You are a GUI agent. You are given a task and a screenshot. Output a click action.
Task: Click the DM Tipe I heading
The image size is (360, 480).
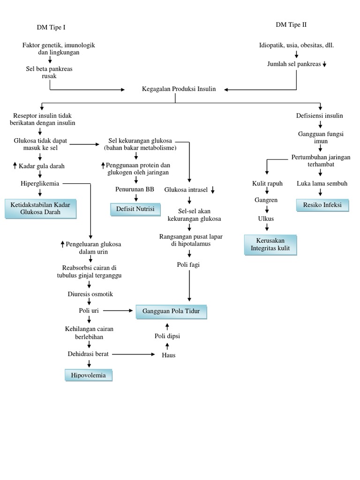click(x=51, y=27)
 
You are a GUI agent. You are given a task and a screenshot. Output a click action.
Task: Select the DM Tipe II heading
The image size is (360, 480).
click(x=291, y=25)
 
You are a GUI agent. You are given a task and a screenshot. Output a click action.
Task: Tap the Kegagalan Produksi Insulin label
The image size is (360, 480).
click(x=179, y=89)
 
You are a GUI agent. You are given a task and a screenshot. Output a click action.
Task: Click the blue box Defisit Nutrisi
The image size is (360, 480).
click(x=135, y=209)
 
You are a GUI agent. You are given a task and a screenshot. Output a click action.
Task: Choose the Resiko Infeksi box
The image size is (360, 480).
click(x=322, y=205)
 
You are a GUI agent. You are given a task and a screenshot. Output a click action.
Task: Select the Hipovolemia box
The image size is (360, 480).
click(x=89, y=375)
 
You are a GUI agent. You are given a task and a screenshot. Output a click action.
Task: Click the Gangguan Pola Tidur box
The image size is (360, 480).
click(x=171, y=312)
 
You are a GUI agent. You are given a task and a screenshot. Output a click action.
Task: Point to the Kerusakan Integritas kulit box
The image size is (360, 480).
click(x=270, y=245)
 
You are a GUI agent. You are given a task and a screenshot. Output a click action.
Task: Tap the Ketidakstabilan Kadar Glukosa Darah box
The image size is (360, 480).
click(x=40, y=209)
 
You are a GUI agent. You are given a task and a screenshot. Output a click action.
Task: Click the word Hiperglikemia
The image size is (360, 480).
click(x=40, y=183)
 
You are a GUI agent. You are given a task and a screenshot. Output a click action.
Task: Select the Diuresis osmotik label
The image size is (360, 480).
click(x=90, y=294)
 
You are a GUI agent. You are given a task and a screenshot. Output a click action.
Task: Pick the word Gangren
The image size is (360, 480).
click(x=266, y=200)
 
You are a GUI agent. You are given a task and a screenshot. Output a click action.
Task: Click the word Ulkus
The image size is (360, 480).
click(x=266, y=218)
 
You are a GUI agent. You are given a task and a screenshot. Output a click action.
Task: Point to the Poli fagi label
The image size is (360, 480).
click(x=188, y=264)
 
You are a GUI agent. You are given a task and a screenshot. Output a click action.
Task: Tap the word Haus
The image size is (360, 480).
click(x=169, y=355)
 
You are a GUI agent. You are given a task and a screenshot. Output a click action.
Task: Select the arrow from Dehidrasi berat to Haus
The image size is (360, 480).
click(x=134, y=354)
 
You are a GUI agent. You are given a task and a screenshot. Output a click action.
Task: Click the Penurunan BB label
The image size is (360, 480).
click(x=135, y=189)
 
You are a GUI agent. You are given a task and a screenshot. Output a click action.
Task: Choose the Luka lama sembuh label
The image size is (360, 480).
click(x=322, y=183)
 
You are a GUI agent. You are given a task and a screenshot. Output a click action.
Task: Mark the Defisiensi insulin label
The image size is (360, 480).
click(x=320, y=115)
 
